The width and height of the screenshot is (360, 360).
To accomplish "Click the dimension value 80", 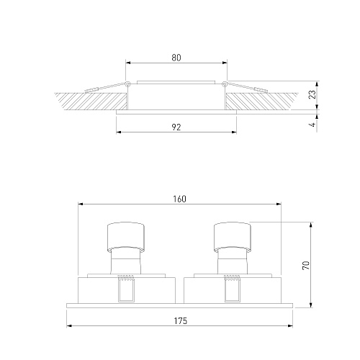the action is (x=176, y=58).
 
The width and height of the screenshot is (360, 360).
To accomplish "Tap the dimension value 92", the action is (x=176, y=127).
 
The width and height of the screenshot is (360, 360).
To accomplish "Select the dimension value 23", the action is (x=312, y=94).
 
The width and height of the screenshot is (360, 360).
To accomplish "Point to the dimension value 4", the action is (x=312, y=125).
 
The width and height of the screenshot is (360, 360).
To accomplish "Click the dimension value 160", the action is (x=179, y=199).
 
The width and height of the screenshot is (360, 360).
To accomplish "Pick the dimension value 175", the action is (x=180, y=321).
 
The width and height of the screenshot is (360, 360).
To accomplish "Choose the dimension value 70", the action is (x=306, y=266).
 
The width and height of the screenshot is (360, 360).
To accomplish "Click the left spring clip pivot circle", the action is (x=127, y=84).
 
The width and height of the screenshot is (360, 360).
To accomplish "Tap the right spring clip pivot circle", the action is (x=225, y=84).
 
